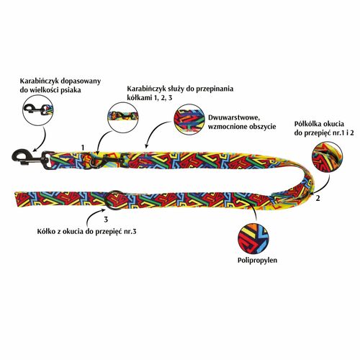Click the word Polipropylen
tap(257, 261)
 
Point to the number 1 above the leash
tap(83, 148)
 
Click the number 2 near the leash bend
tap(318, 199)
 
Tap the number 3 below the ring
tap(106, 219)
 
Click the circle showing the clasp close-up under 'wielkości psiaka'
tap(38, 110)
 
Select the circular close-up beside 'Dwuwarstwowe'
tap(189, 120)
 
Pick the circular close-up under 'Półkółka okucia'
tap(327, 158)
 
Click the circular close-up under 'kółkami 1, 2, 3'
tap(122, 117)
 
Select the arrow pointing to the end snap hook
tap(41, 140)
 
